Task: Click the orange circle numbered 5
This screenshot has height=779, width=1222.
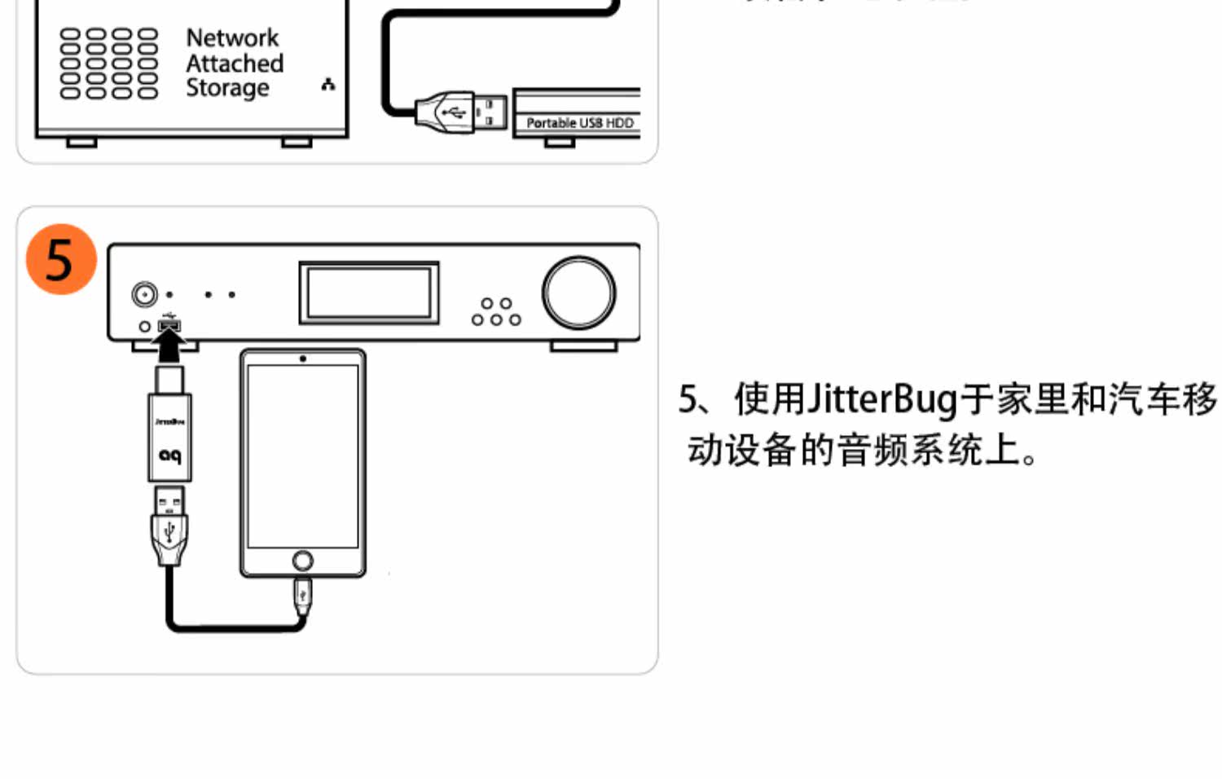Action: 61,259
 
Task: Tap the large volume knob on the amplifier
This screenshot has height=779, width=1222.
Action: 578,293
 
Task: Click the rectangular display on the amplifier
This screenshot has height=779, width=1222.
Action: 369,293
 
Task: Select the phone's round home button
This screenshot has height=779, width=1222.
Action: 302,561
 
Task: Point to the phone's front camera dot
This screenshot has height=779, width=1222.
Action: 303,359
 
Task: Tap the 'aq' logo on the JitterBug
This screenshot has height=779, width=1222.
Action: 169,456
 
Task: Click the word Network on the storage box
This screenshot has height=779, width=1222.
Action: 232,37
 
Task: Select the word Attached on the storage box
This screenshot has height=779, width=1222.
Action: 235,63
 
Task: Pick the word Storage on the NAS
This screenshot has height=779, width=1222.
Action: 227,88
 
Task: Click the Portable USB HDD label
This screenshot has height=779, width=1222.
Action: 579,123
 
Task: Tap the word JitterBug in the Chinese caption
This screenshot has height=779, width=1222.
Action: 881,399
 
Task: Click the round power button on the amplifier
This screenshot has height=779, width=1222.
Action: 145,293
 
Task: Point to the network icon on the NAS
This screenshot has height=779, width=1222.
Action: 328,84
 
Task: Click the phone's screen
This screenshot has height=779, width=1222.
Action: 303,456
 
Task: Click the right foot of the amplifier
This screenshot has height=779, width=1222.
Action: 583,346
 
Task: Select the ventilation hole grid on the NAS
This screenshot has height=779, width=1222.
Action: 108,63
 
